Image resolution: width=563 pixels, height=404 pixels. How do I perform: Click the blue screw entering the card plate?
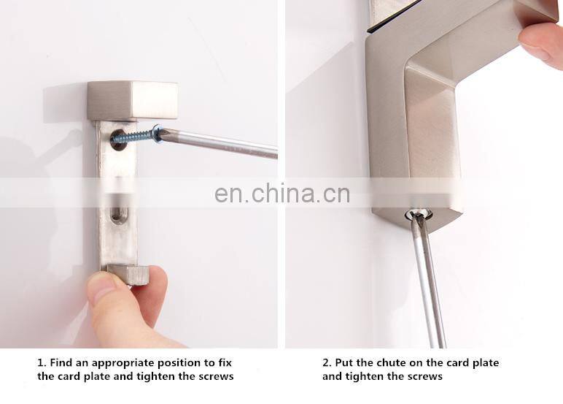(136, 135)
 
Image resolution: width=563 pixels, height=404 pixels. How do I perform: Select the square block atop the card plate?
(133, 100)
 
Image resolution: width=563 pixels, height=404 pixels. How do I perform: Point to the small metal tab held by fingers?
(128, 274)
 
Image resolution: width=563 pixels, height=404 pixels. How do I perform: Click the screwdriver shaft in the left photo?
(220, 143)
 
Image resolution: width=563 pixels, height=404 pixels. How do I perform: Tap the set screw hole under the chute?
(419, 215)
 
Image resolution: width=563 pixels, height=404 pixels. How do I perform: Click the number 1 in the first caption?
(41, 362)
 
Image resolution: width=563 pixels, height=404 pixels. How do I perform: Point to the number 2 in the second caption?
(327, 362)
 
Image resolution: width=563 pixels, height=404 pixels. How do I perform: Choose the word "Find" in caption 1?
(61, 362)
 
